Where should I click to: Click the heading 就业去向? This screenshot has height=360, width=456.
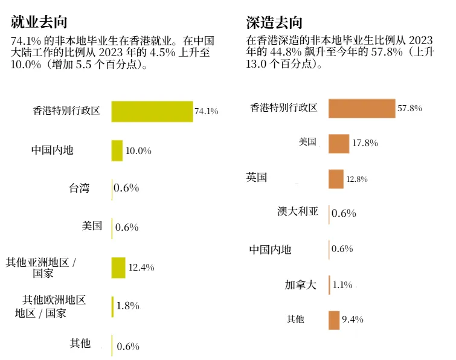(x=39, y=22)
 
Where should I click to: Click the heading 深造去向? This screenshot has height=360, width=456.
(x=274, y=22)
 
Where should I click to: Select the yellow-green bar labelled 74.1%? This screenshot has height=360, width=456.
(x=152, y=111)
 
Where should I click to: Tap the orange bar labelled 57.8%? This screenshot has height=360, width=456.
(x=361, y=108)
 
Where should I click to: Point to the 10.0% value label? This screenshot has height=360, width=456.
(x=138, y=150)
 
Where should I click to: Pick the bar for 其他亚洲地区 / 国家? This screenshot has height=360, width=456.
(x=118, y=268)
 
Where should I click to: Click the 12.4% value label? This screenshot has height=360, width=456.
(x=141, y=268)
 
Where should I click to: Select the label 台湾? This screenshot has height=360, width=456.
(x=79, y=188)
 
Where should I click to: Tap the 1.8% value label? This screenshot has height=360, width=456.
(x=127, y=306)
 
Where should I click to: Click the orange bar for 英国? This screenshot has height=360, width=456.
(x=336, y=179)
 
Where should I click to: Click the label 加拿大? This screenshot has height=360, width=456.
(x=300, y=284)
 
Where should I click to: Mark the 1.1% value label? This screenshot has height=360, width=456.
(x=342, y=285)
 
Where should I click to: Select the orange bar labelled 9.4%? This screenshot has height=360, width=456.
(x=334, y=320)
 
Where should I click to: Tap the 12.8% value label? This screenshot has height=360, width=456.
(x=356, y=179)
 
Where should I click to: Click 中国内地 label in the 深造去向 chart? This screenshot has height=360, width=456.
(x=270, y=249)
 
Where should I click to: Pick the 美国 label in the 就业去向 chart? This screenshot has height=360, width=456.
(x=92, y=226)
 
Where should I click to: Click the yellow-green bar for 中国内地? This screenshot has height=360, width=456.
(x=117, y=150)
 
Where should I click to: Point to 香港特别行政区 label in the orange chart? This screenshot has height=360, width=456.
(x=284, y=108)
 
